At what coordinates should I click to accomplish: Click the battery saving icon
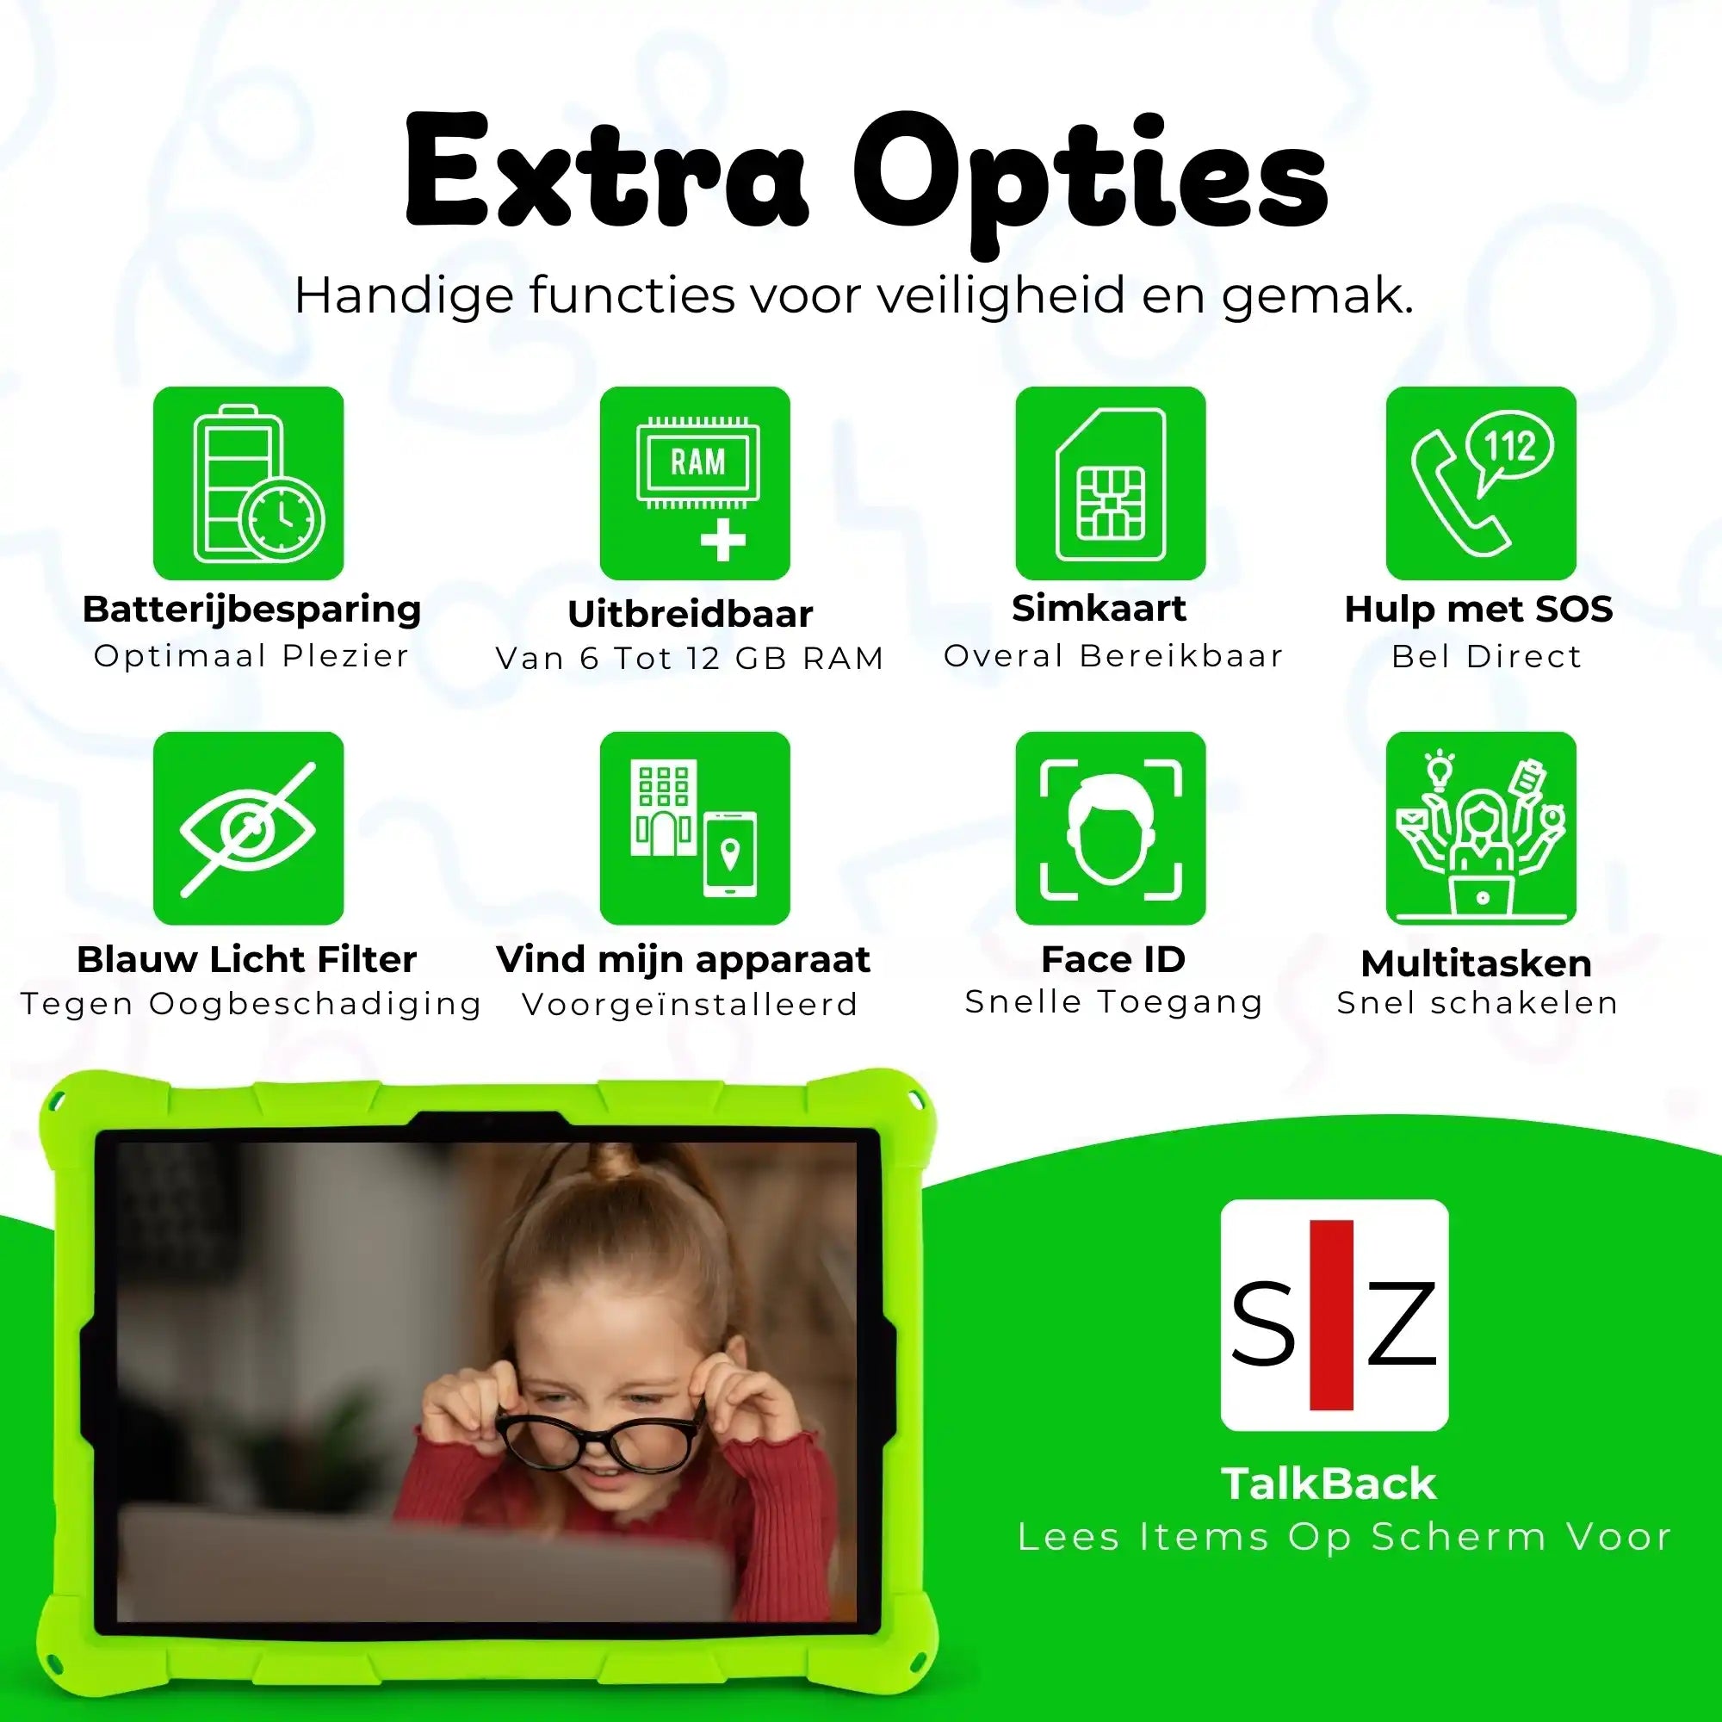(x=249, y=483)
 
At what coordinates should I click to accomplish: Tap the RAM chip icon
(x=695, y=483)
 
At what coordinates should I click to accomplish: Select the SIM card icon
(x=1111, y=483)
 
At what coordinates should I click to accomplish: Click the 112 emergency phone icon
(x=1481, y=483)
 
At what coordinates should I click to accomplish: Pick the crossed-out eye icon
(x=249, y=828)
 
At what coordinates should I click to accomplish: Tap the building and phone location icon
(x=695, y=828)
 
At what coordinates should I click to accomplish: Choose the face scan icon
(x=1111, y=828)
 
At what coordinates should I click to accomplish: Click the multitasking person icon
(x=1481, y=828)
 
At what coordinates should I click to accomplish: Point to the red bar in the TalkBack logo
(x=1332, y=1315)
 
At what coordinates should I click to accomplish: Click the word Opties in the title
(x=1091, y=178)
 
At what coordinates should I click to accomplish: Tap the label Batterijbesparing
(x=251, y=610)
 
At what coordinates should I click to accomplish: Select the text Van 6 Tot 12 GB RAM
(x=690, y=659)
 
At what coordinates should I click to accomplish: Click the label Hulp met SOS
(x=1478, y=610)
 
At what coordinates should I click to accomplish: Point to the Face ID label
(x=1113, y=960)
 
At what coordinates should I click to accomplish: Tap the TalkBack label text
(x=1329, y=1484)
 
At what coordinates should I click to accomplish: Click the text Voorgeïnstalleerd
(x=690, y=1005)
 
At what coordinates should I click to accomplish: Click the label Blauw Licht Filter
(x=247, y=960)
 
